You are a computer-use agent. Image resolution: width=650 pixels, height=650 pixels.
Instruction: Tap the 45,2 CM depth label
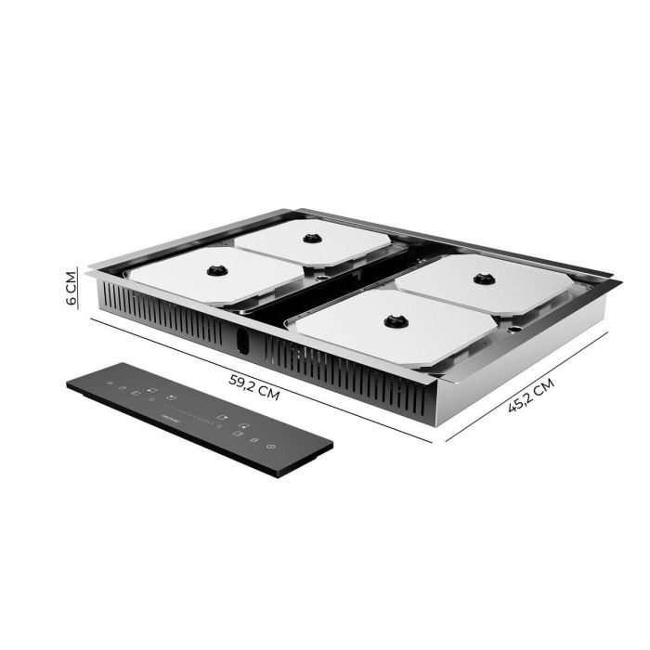531,396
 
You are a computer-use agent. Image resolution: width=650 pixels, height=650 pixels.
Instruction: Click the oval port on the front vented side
243,342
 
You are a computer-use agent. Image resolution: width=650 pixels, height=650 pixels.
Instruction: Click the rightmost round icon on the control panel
270,448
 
